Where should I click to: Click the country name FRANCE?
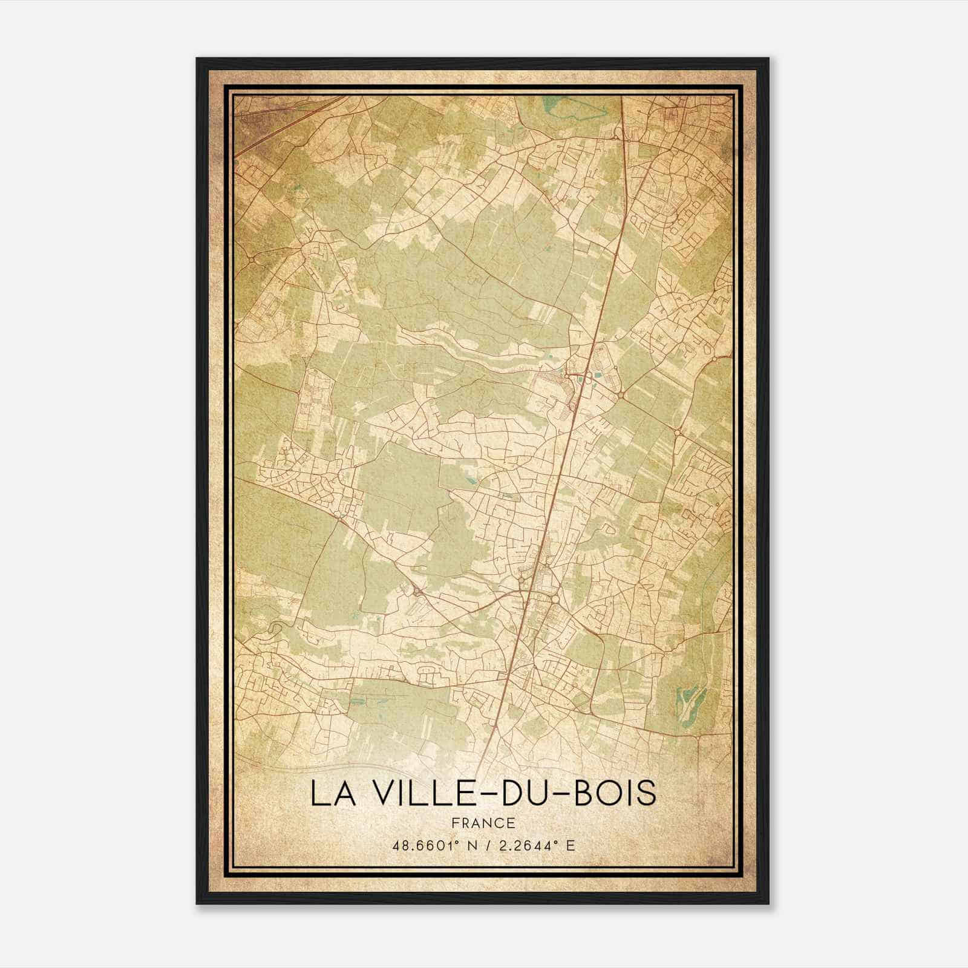coord(483,823)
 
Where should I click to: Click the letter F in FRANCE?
coord(455,823)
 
